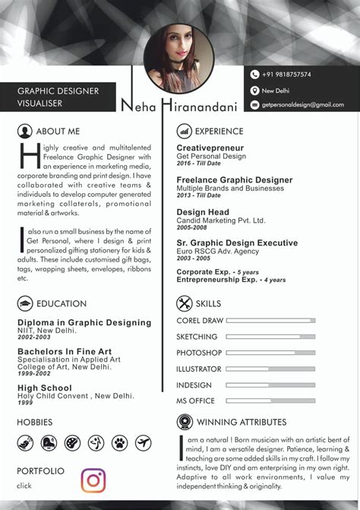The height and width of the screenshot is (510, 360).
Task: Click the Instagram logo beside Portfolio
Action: [x=93, y=480]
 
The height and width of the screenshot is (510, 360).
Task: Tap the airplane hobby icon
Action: [x=144, y=442]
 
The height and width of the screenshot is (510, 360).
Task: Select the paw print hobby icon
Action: [x=120, y=442]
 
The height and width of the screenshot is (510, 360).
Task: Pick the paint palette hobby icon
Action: [x=73, y=442]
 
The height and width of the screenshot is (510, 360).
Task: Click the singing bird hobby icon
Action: [x=25, y=442]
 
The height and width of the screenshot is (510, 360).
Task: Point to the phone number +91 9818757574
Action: [x=286, y=74]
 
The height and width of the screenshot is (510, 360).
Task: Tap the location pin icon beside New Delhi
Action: [x=255, y=90]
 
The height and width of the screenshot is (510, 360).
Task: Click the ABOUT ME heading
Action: [x=58, y=131]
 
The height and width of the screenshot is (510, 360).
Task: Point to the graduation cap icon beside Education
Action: [x=25, y=303]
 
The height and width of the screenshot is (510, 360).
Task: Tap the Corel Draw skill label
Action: [x=200, y=321]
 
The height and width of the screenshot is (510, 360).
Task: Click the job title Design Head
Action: [x=203, y=213]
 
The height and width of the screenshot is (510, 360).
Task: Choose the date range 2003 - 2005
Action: [x=194, y=258]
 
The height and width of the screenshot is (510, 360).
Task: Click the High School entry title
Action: [x=45, y=388]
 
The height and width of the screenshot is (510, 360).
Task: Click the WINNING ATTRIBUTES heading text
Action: [x=242, y=422]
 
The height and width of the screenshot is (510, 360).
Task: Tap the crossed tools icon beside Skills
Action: [x=184, y=303]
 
